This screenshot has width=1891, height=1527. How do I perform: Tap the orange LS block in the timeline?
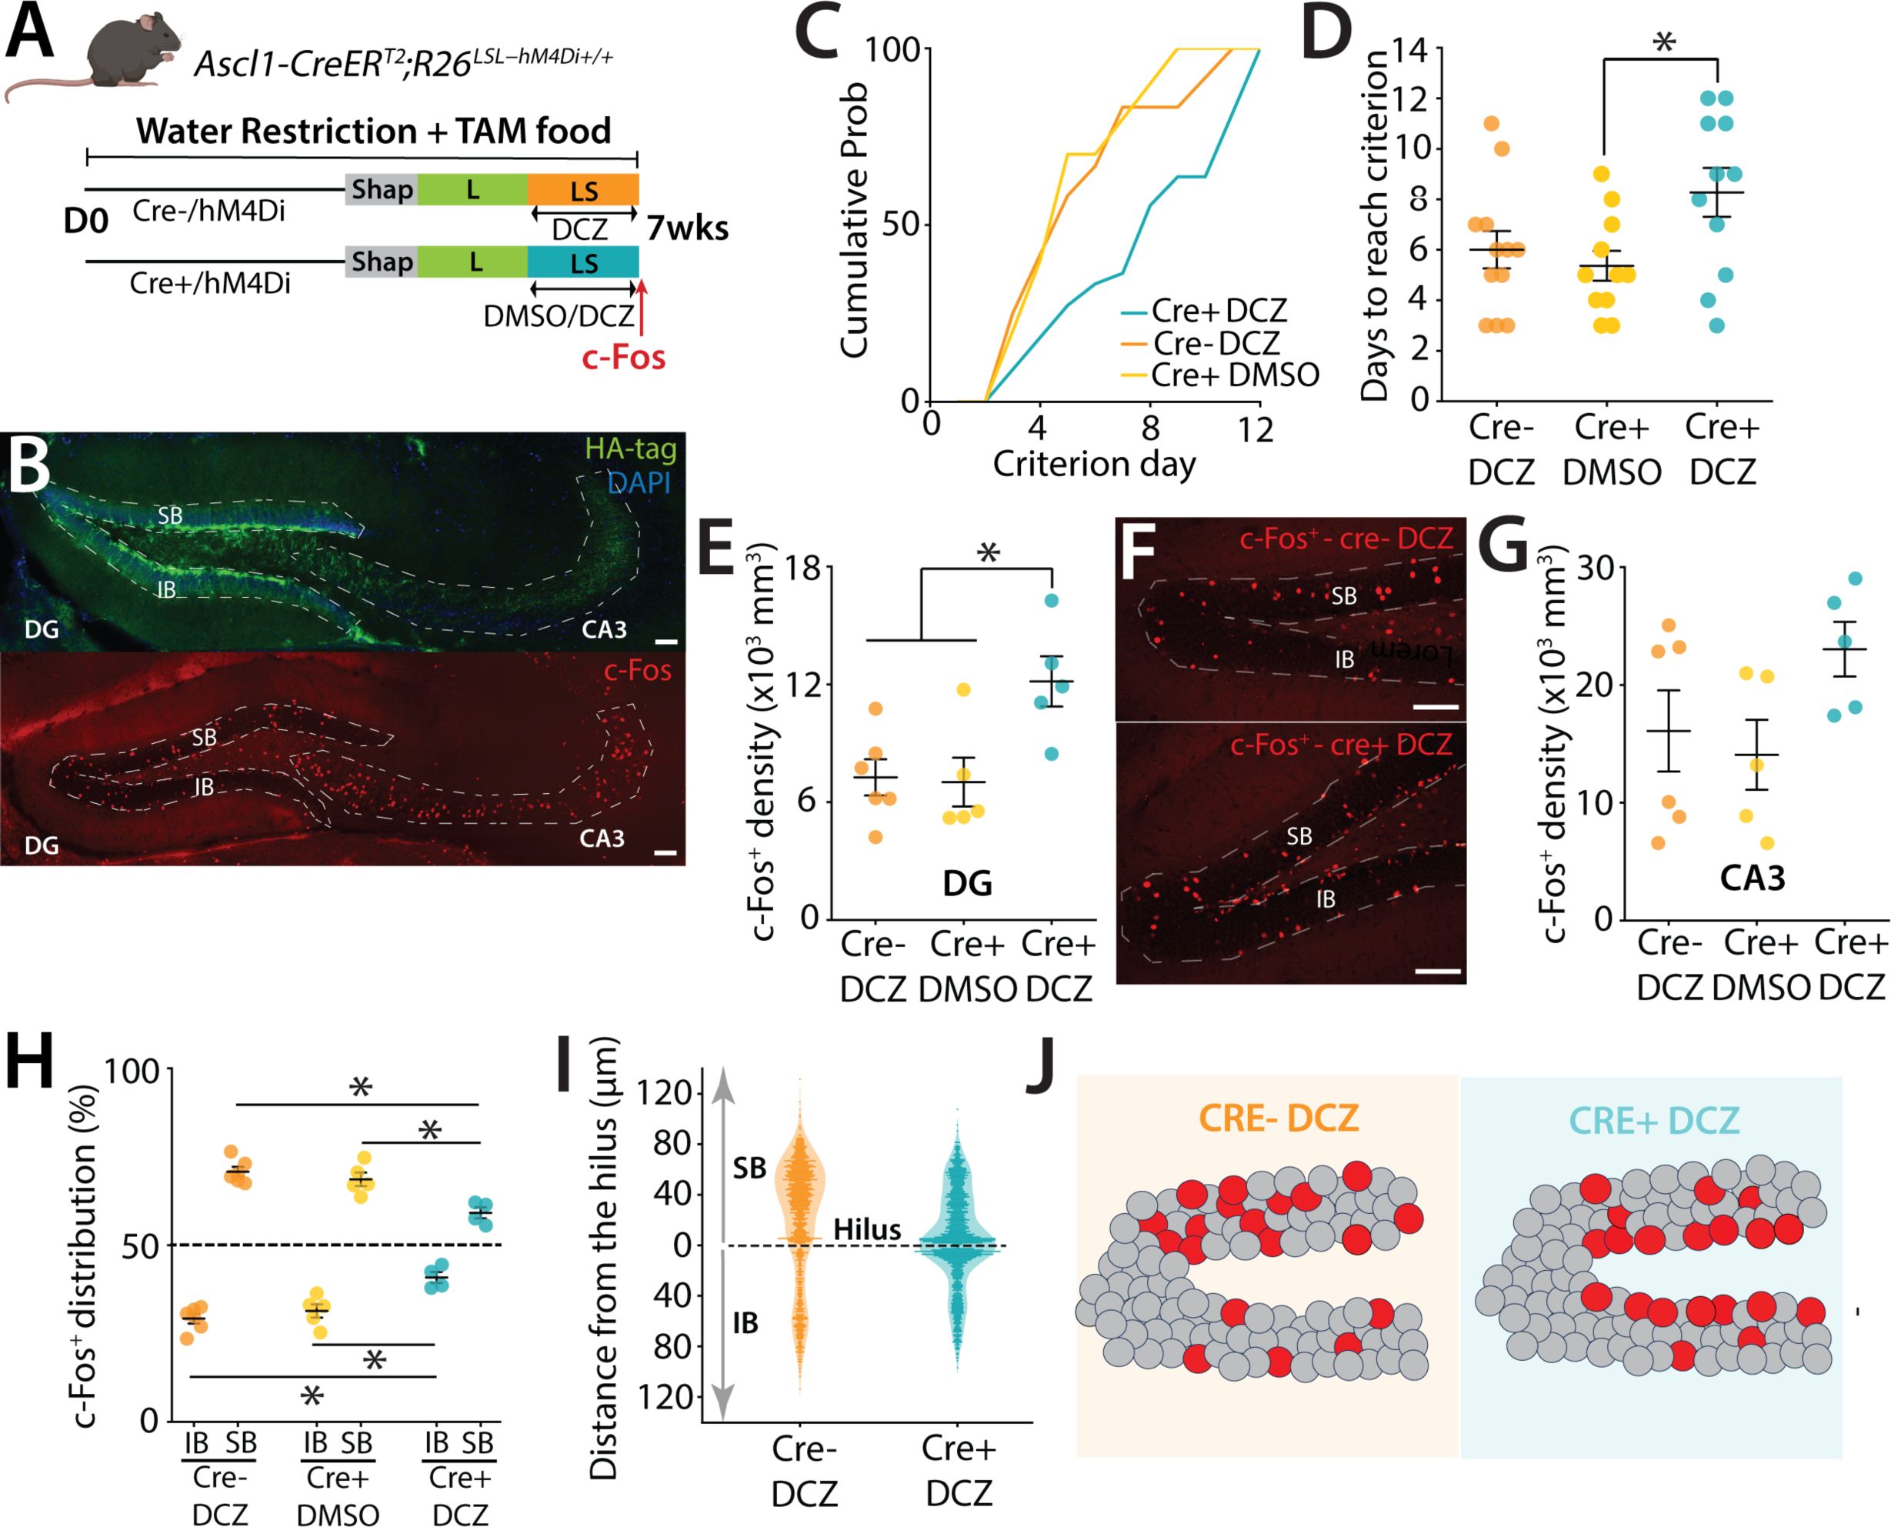click(x=583, y=190)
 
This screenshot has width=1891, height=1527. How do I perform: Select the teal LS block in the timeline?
click(x=583, y=262)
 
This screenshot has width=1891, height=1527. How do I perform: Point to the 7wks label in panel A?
click(x=688, y=228)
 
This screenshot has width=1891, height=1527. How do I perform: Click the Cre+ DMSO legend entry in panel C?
click(x=1234, y=375)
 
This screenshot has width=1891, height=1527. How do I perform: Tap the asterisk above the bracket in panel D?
click(x=1663, y=42)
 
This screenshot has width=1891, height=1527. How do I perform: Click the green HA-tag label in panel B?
click(x=631, y=448)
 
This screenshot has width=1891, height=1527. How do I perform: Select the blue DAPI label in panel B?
click(x=639, y=482)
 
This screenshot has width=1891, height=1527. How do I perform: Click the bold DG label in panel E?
click(x=968, y=883)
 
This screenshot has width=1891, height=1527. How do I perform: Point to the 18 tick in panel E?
click(x=802, y=568)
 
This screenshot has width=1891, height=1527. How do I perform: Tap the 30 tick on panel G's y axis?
click(x=1596, y=568)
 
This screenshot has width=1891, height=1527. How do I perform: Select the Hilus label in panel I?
click(x=867, y=1230)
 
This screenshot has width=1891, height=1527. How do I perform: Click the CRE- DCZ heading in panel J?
click(x=1279, y=1118)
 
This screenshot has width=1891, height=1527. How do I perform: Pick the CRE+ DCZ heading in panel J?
click(x=1653, y=1120)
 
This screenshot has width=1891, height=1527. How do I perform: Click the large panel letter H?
click(x=42, y=1065)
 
